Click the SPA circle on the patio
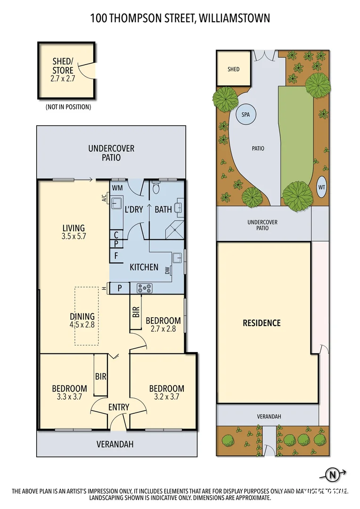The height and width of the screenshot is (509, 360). (245, 115)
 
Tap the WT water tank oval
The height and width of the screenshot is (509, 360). (322, 186)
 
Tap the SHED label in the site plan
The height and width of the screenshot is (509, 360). (233, 69)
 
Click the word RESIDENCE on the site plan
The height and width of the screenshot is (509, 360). (262, 323)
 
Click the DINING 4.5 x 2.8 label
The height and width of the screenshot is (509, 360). (82, 320)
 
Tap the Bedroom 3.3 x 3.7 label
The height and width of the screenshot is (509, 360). (69, 393)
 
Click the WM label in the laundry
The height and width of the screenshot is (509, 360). (117, 188)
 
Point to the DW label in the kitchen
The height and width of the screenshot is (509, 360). (167, 271)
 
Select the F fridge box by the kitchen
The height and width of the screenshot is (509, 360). (116, 257)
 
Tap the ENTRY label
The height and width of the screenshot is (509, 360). (119, 407)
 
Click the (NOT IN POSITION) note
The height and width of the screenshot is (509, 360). (68, 107)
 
